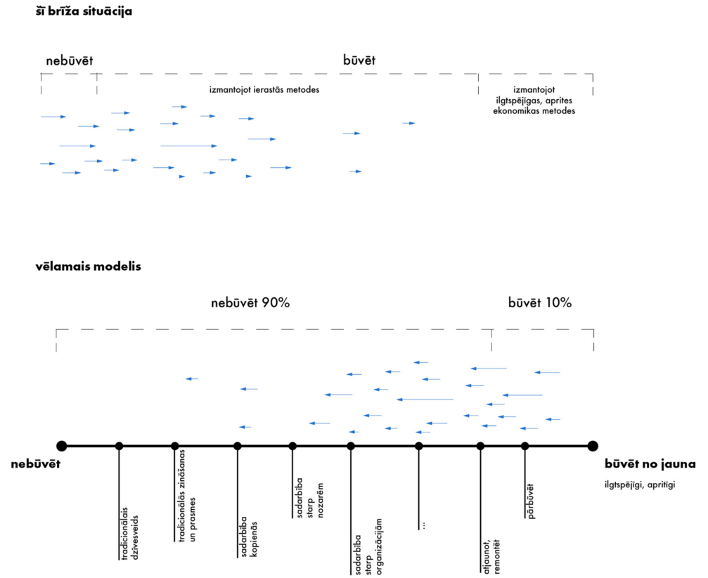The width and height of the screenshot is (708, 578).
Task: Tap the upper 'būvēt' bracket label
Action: (x=359, y=60)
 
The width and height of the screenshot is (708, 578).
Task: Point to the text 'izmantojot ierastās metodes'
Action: (x=269, y=89)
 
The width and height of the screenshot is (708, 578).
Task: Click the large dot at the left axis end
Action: (x=62, y=445)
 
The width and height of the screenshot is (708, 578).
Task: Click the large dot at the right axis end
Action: (x=593, y=445)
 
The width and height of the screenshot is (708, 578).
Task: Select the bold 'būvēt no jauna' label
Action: (x=650, y=464)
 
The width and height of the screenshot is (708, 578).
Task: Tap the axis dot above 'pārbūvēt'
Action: (x=525, y=445)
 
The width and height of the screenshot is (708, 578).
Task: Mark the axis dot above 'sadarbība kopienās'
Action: (x=238, y=445)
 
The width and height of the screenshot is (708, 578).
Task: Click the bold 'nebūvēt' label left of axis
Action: (x=36, y=464)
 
